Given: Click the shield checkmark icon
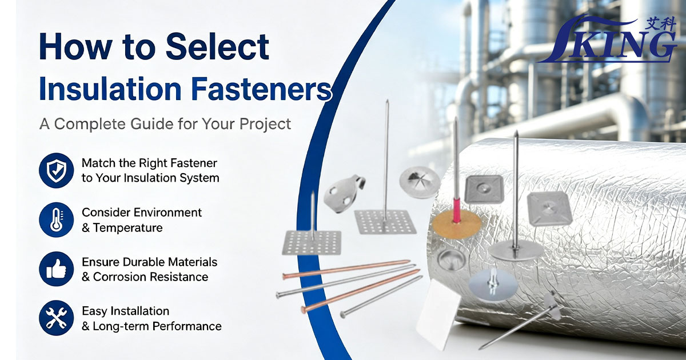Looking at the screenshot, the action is pos(57,170).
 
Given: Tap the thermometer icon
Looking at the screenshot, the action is pos(57,220).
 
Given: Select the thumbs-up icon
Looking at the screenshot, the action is pos(57,269).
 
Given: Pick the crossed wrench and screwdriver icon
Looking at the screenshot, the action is pos(57,318).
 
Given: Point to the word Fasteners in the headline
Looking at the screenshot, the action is pos(262,89).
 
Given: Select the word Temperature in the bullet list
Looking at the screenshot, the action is pos(128,228).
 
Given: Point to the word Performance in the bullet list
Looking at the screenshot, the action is pos(187,326).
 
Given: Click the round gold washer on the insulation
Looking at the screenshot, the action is pos(456,225).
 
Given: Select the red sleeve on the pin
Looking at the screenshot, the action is pos(457,207).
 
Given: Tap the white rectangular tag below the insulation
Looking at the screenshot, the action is pos(438,315).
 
